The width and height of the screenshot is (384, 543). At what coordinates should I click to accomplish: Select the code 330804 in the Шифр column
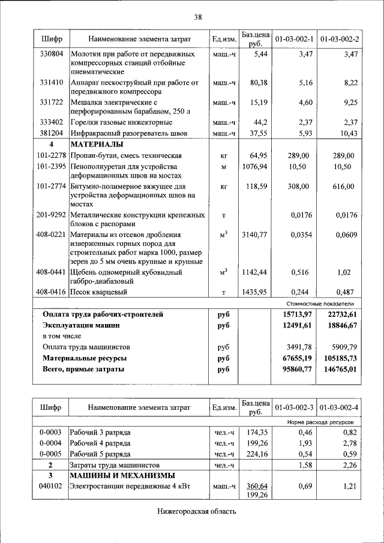pyautogui.click(x=52, y=54)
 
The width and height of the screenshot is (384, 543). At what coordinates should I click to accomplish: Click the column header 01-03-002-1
pyautogui.click(x=294, y=40)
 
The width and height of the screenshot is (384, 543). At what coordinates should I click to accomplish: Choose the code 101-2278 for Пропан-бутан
pyautogui.click(x=51, y=155)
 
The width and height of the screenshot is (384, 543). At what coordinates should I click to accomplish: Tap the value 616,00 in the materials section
pyautogui.click(x=344, y=187)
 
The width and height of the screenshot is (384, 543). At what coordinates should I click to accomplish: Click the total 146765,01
pyautogui.click(x=339, y=370)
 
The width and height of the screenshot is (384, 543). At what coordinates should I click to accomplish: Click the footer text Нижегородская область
pyautogui.click(x=197, y=512)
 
